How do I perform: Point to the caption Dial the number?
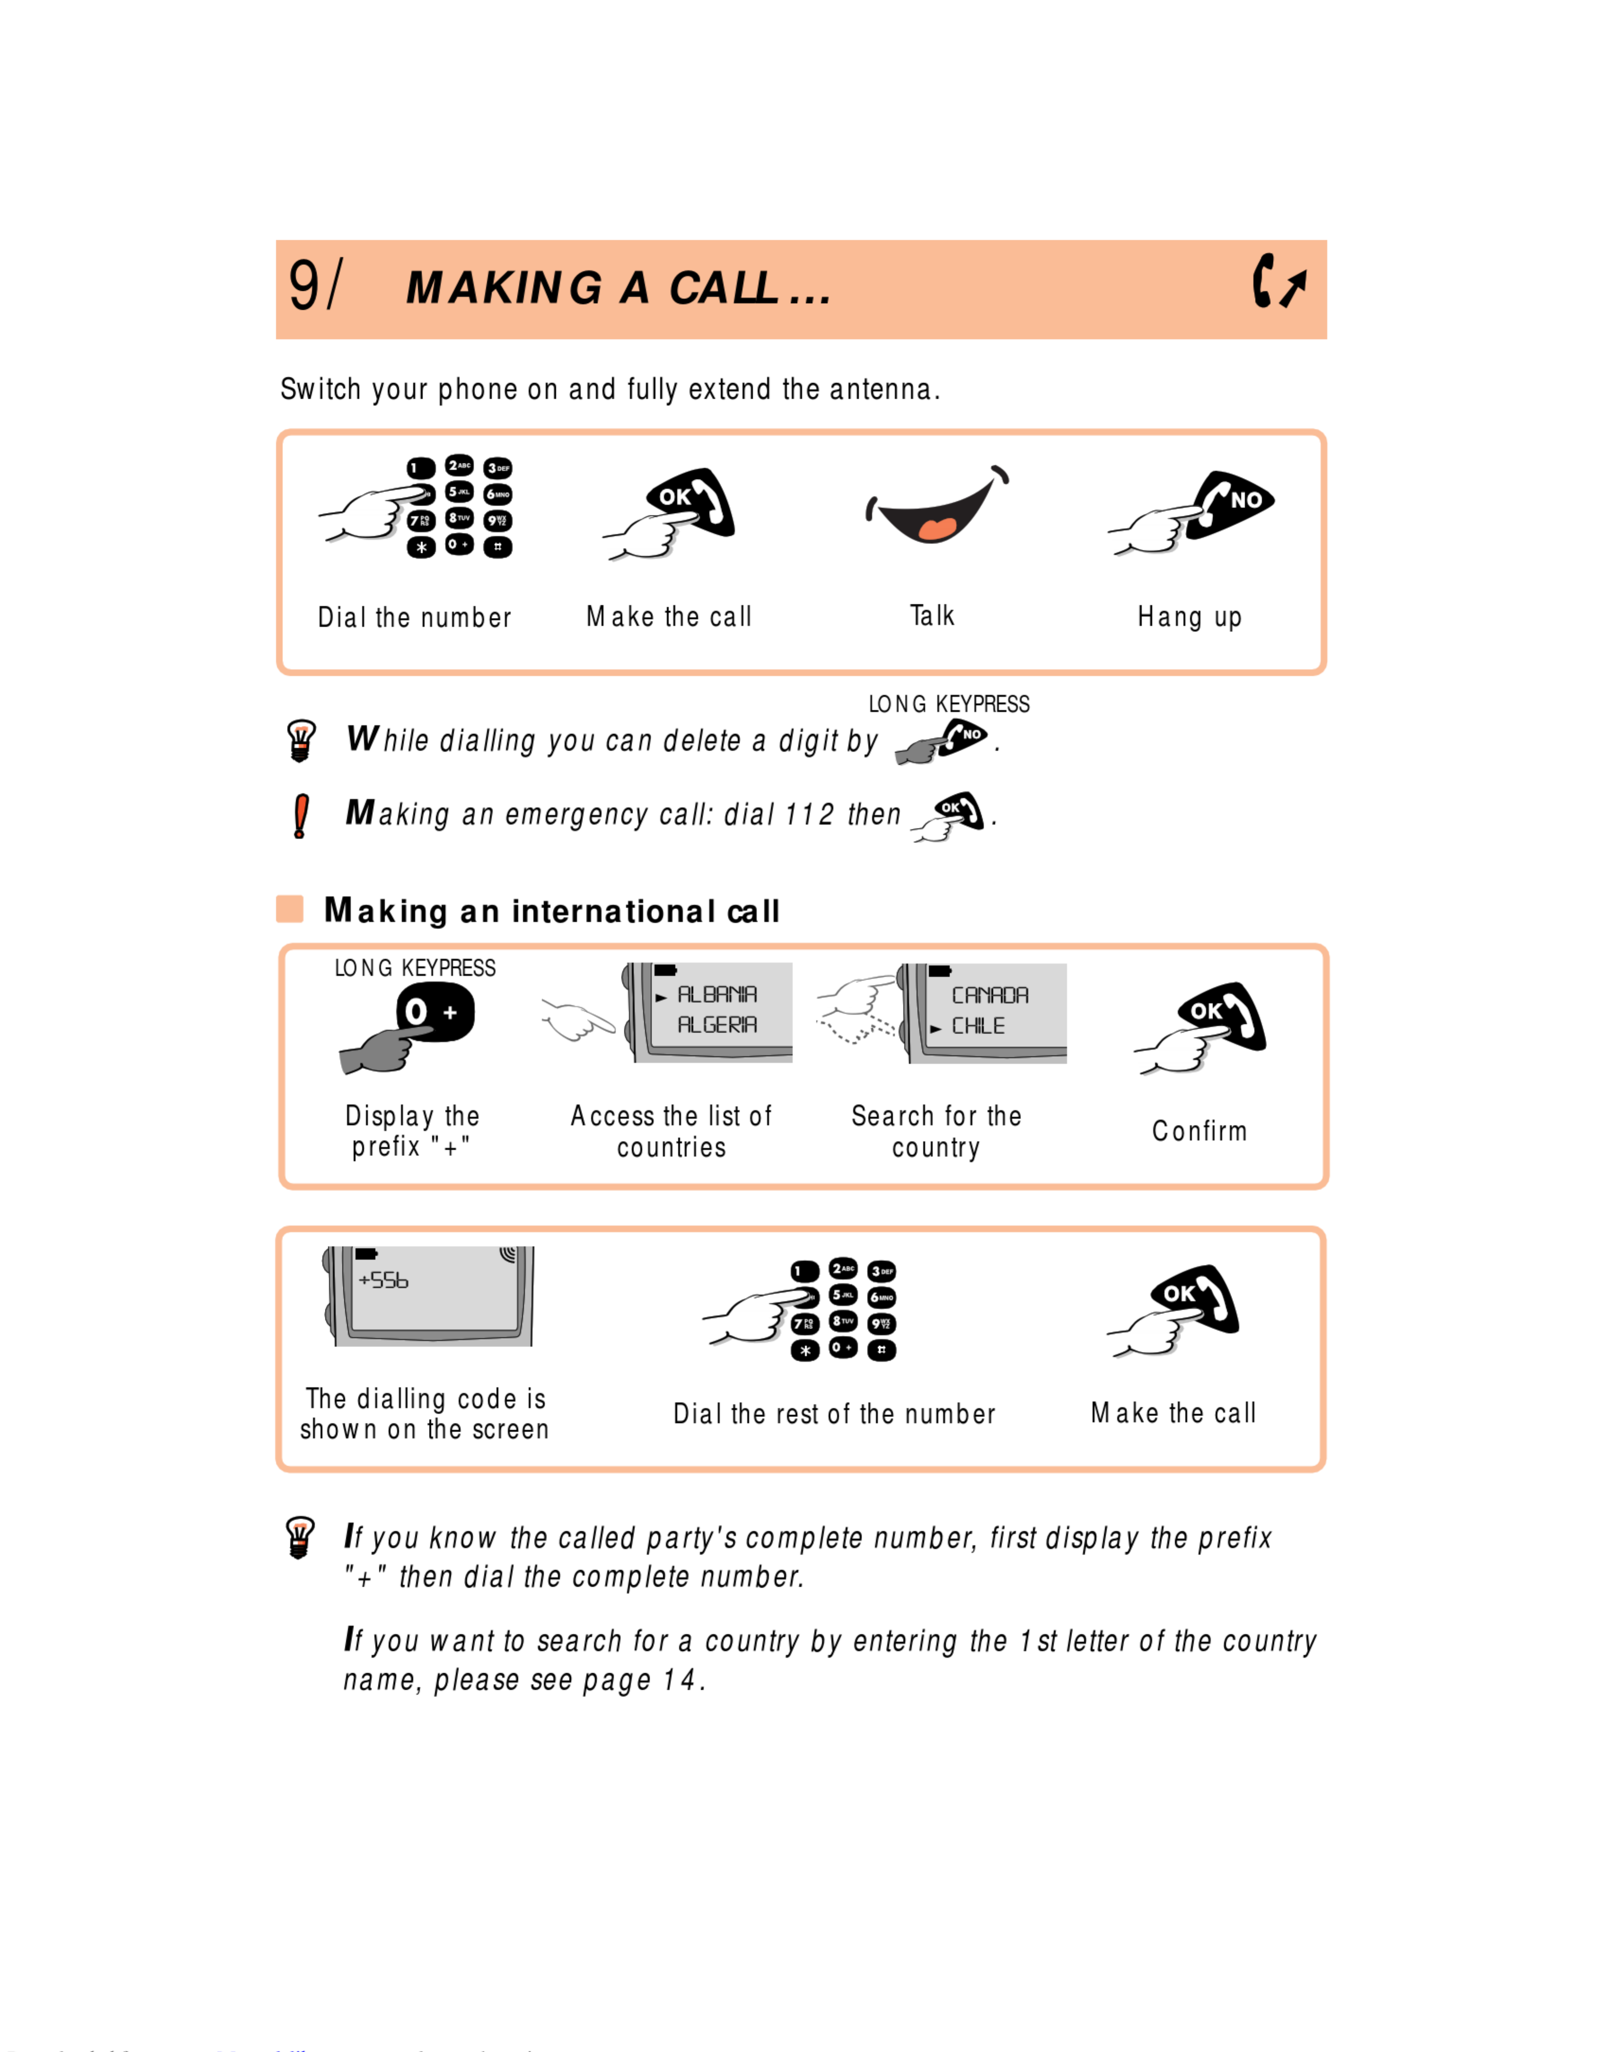[x=414, y=617]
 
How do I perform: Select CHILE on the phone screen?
[x=978, y=1026]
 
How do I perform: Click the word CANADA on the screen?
[x=989, y=995]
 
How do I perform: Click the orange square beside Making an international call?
[x=290, y=909]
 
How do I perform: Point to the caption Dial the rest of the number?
[x=834, y=1414]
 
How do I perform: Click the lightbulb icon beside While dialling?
[x=300, y=740]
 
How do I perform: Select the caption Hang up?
[x=1189, y=617]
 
